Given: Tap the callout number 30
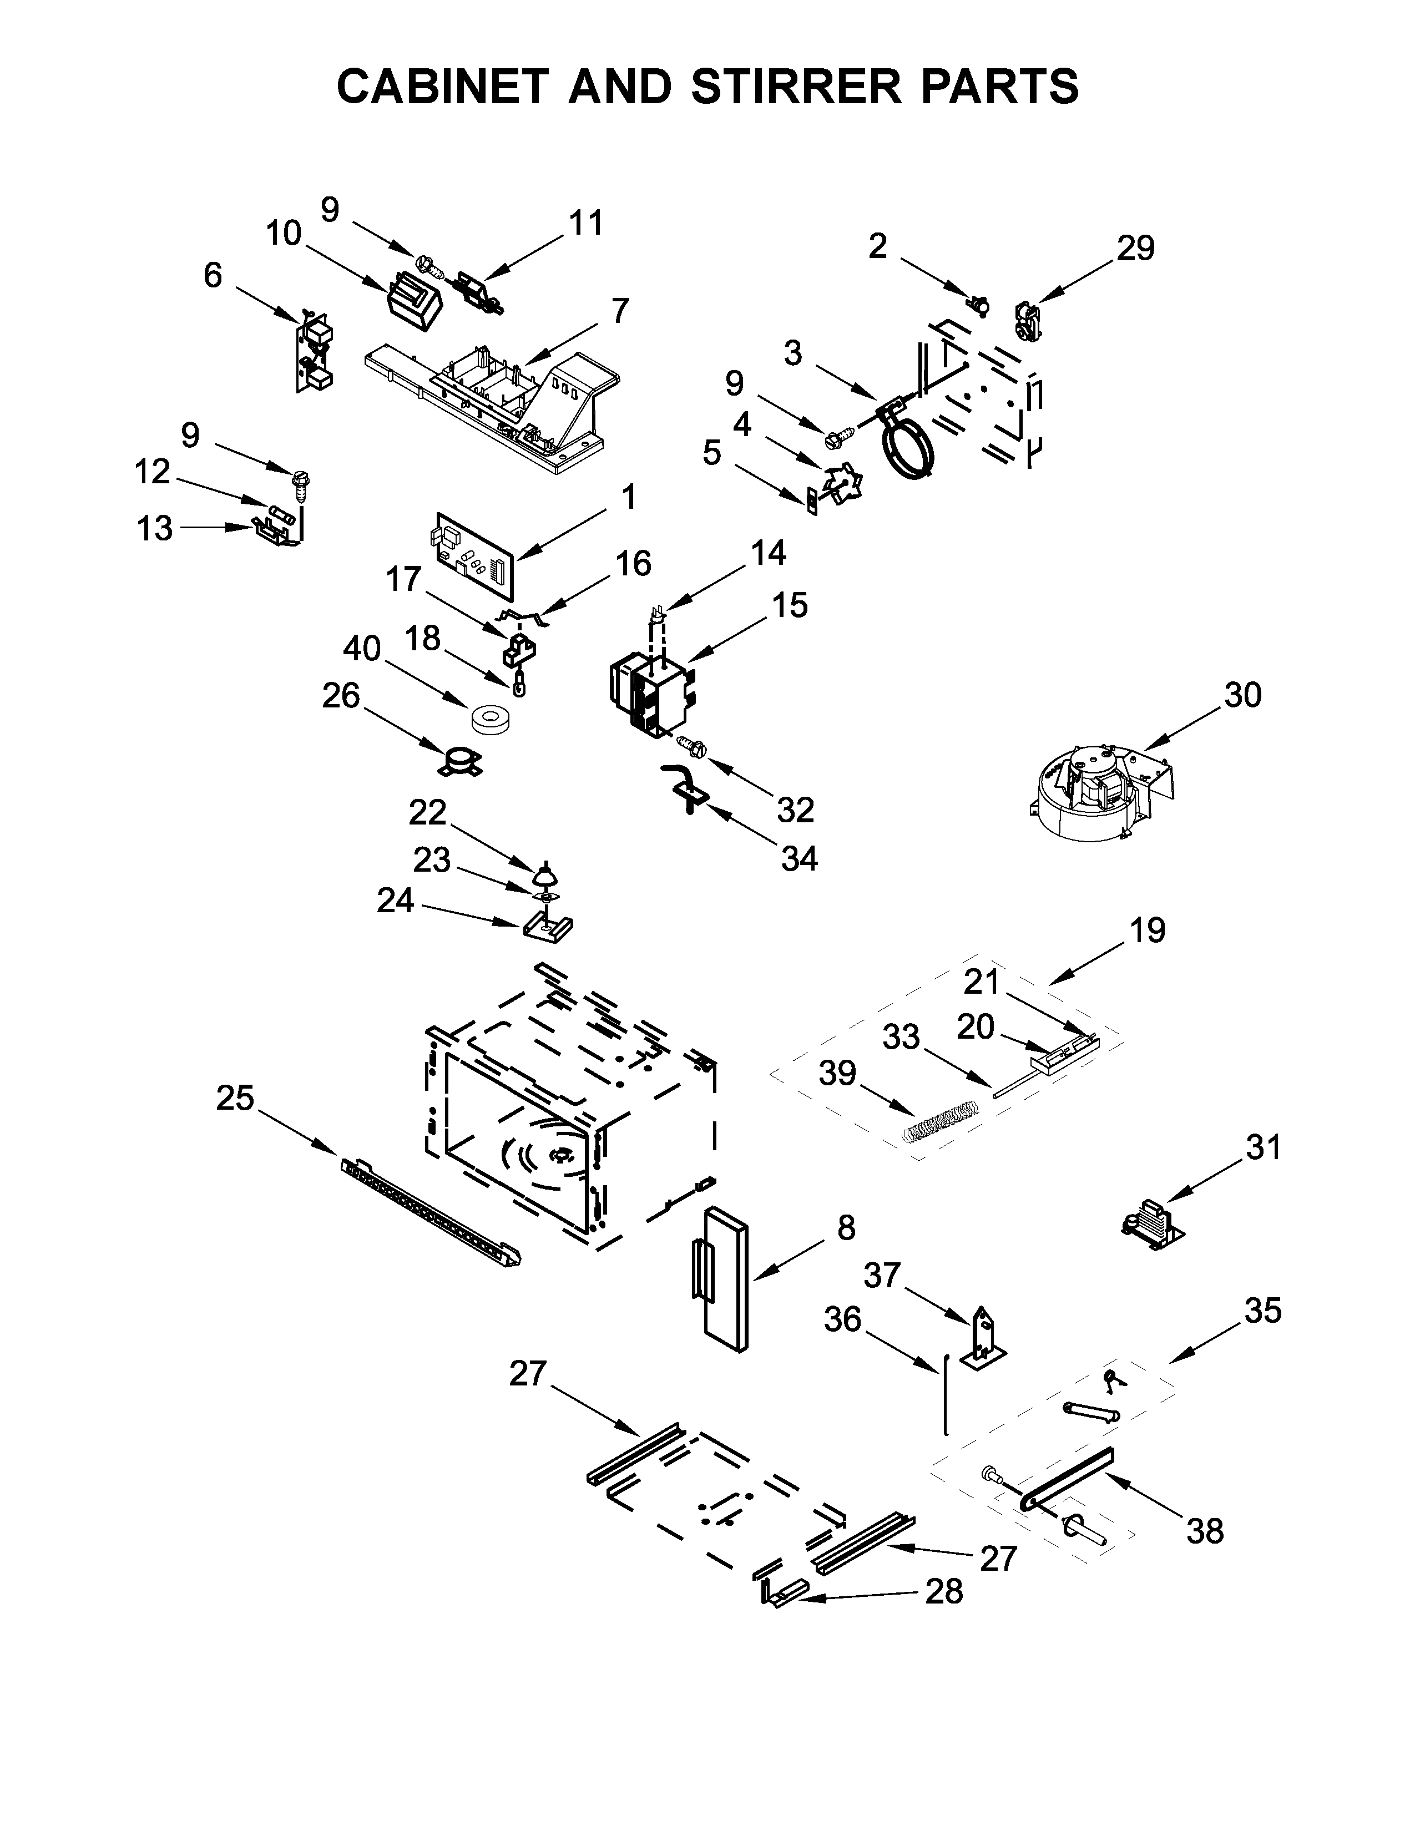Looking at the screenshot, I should click(1242, 695).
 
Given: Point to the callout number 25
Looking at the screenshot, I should click(235, 1097).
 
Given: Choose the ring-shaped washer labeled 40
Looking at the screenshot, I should click(492, 719).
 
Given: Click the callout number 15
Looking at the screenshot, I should click(790, 605).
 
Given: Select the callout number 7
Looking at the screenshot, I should click(619, 311).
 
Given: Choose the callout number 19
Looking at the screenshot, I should click(1148, 930).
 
